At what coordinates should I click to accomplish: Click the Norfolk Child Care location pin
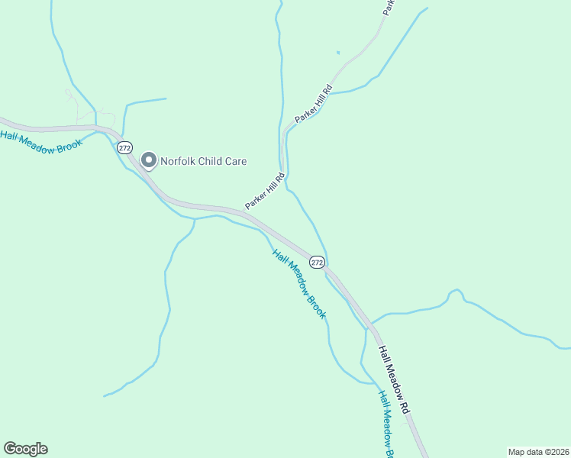[148, 160]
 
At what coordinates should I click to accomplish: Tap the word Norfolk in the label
[179, 161]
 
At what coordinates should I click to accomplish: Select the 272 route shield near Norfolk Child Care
[125, 147]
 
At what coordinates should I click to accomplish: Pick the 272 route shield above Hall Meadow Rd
[318, 262]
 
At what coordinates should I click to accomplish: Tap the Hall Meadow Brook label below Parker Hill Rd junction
[299, 284]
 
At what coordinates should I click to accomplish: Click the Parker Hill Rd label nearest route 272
[265, 192]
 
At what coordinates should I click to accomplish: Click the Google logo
[25, 449]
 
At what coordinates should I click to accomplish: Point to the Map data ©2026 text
[538, 451]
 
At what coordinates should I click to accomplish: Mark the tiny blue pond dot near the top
[337, 53]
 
